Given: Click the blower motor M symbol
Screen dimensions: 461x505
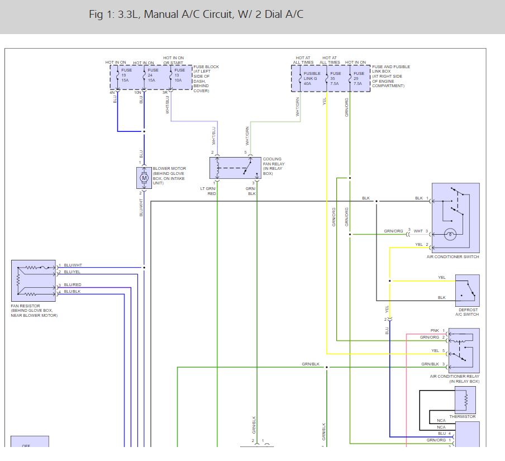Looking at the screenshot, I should [x=144, y=178].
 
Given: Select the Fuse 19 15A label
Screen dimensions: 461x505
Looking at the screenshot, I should [x=127, y=75].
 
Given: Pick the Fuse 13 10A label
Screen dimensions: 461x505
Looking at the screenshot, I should [x=179, y=75].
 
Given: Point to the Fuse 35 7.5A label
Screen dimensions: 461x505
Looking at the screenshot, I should [x=335, y=78].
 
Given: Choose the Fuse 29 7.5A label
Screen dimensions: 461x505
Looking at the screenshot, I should [x=359, y=78].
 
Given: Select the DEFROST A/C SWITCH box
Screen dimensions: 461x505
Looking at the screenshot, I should [x=467, y=290].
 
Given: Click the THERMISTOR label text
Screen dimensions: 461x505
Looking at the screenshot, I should [x=463, y=417].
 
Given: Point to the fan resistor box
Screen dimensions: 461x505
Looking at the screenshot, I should [x=34, y=281].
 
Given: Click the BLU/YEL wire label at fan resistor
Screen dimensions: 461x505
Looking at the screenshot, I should [x=73, y=272].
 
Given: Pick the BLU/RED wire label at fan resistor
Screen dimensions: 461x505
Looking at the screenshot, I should [x=73, y=285].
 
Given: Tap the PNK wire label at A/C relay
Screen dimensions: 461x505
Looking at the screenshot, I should [x=435, y=331].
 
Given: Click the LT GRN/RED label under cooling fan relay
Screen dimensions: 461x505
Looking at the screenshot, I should [x=208, y=191].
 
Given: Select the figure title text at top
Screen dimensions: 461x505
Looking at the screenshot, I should [x=196, y=15].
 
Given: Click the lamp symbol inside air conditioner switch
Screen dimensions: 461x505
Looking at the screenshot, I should [x=450, y=235].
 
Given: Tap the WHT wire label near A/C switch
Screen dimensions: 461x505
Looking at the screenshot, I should [x=418, y=231].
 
